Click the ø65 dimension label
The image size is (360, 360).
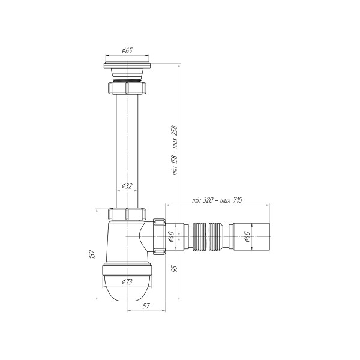pyautogui.click(x=127, y=50)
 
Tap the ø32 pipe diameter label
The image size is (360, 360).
pyautogui.click(x=127, y=186)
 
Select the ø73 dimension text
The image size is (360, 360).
pyautogui.click(x=127, y=281)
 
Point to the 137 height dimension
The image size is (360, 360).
pyautogui.click(x=92, y=254)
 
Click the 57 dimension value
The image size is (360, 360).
pyautogui.click(x=146, y=305)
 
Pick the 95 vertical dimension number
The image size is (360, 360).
pyautogui.click(x=175, y=269)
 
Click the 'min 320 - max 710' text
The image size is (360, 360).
pyautogui.click(x=217, y=200)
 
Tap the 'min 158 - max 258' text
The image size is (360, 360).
pyautogui.click(x=175, y=151)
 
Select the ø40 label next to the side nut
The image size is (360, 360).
pyautogui.click(x=170, y=236)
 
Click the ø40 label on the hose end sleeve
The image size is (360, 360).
pyautogui.click(x=247, y=236)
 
